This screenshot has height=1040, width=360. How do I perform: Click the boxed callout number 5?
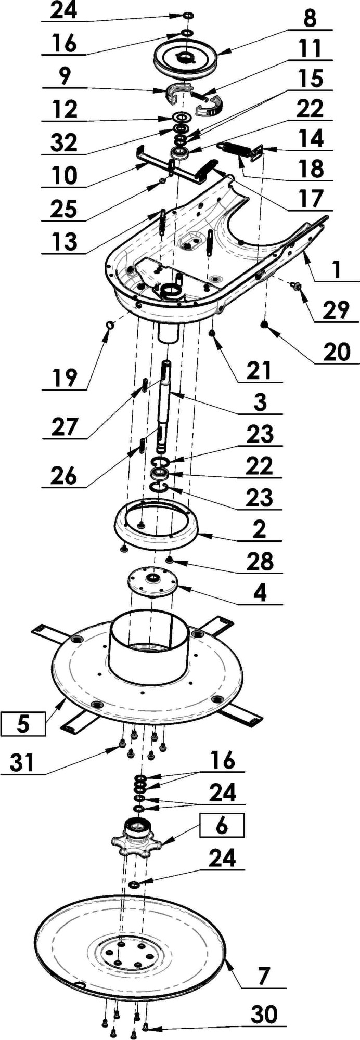coord(23,724)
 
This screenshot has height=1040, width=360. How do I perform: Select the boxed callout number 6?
coord(222,826)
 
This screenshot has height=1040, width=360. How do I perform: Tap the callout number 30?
coord(264,1014)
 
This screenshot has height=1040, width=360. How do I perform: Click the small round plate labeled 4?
coord(152,581)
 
